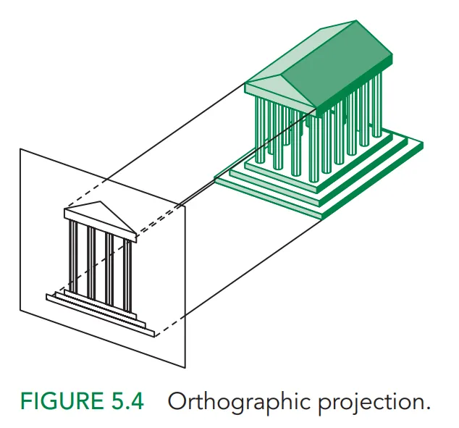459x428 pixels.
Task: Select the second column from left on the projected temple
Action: (x=91, y=264)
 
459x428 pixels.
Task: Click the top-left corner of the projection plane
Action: (x=20, y=149)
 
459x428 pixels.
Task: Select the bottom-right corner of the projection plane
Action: (x=186, y=368)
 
